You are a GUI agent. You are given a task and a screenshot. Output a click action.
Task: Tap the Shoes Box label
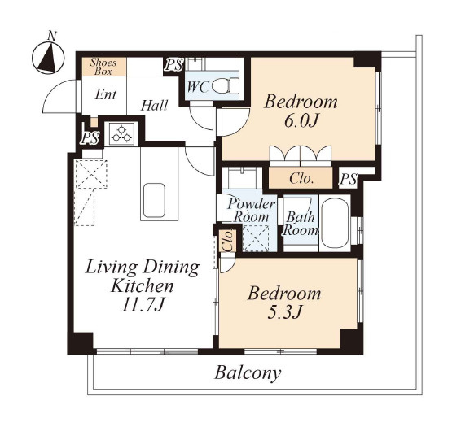pyautogui.click(x=103, y=67)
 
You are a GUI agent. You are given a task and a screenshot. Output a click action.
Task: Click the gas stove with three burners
pyautogui.click(x=121, y=133)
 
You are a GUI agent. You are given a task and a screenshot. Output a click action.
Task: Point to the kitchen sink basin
pyautogui.click(x=154, y=200)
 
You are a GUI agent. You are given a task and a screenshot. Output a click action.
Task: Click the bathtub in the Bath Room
pyautogui.click(x=335, y=223)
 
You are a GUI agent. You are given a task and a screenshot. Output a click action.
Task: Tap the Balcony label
pyautogui.click(x=248, y=373)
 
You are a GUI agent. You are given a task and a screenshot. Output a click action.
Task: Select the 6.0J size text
pyautogui.click(x=301, y=120)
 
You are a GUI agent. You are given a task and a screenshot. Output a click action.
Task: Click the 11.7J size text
pyautogui.click(x=143, y=304)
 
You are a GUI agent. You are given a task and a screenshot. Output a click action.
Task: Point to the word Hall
pyautogui.click(x=154, y=106)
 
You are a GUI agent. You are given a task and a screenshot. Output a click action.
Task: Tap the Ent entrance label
pyautogui.click(x=106, y=94)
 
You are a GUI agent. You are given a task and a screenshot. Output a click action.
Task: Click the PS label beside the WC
pyautogui.click(x=173, y=65)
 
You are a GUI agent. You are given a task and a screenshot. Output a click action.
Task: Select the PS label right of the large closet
pyautogui.click(x=348, y=179)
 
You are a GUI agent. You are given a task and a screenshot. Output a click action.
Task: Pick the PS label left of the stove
pyautogui.click(x=90, y=137)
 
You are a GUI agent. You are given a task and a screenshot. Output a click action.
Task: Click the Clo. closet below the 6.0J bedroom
pyautogui.click(x=301, y=178)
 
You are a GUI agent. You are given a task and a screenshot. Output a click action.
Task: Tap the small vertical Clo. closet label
pyautogui.click(x=228, y=241)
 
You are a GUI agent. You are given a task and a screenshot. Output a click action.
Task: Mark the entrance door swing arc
pyautogui.click(x=56, y=91)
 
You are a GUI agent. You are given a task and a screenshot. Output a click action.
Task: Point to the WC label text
pyautogui.click(x=198, y=87)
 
